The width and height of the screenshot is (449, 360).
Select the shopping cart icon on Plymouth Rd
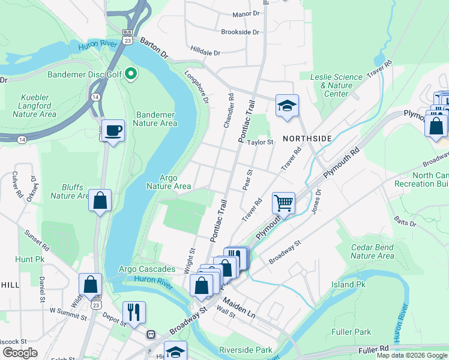(x=283, y=202)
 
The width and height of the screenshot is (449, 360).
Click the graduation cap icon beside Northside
(x=287, y=105)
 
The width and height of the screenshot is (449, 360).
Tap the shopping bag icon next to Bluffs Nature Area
(x=100, y=200)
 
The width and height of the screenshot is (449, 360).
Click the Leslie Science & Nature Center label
(x=336, y=85)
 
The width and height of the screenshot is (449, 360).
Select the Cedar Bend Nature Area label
(x=372, y=251)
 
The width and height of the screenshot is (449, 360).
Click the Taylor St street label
(x=262, y=143)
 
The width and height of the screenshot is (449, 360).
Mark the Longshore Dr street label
(x=196, y=88)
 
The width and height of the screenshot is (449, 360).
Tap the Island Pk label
(x=352, y=284)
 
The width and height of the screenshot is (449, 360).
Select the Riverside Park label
(x=246, y=350)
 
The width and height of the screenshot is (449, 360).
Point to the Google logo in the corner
(x=20, y=353)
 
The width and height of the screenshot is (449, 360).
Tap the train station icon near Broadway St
(x=151, y=334)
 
